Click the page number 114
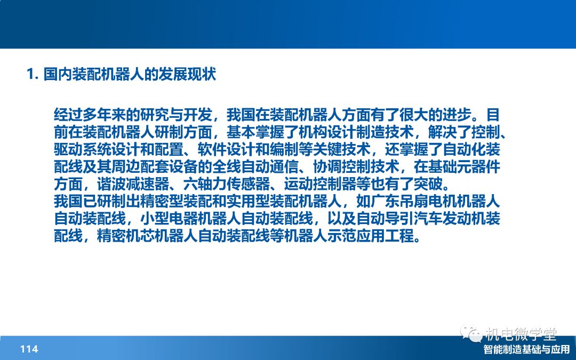(x=29, y=349)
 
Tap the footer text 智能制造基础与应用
(x=526, y=349)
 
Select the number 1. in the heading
(x=33, y=74)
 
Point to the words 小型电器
(x=169, y=218)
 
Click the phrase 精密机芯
(x=126, y=236)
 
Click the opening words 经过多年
(x=83, y=115)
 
